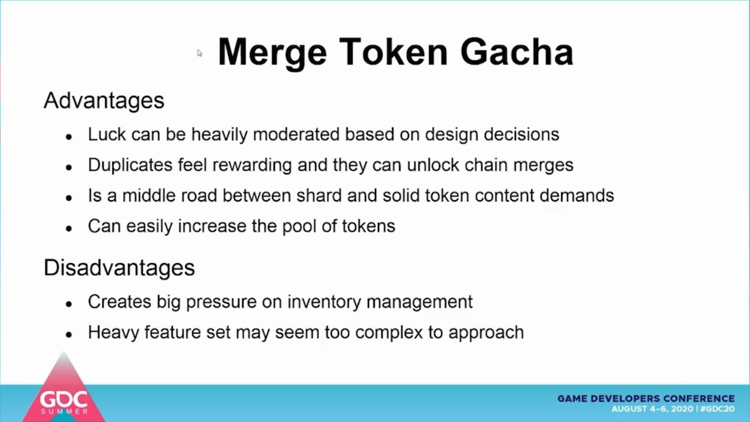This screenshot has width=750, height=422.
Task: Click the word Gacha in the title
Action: click(x=517, y=52)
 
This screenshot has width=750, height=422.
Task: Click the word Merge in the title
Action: click(x=272, y=54)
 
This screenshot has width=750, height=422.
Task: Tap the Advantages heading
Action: click(x=104, y=101)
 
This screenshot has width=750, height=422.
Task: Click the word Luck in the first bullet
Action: click(x=107, y=134)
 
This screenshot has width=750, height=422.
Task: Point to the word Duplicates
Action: click(x=130, y=165)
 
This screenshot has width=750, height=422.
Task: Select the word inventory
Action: click(x=324, y=302)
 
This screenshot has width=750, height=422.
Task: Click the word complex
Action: click(x=389, y=333)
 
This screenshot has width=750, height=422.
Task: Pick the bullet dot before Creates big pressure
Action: click(x=69, y=304)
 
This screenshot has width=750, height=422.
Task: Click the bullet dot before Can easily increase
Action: click(x=69, y=228)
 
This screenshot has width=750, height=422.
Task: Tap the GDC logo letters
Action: click(x=64, y=400)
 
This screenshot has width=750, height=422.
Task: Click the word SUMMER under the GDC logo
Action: click(x=64, y=411)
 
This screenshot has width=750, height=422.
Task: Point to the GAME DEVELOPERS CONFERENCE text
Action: click(x=646, y=399)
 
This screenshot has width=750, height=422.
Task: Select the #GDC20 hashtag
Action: click(x=717, y=409)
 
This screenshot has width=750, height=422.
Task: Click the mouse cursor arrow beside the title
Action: click(x=199, y=53)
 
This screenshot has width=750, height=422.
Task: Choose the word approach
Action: click(x=486, y=333)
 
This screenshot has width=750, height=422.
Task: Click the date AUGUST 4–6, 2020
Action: click(x=652, y=409)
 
